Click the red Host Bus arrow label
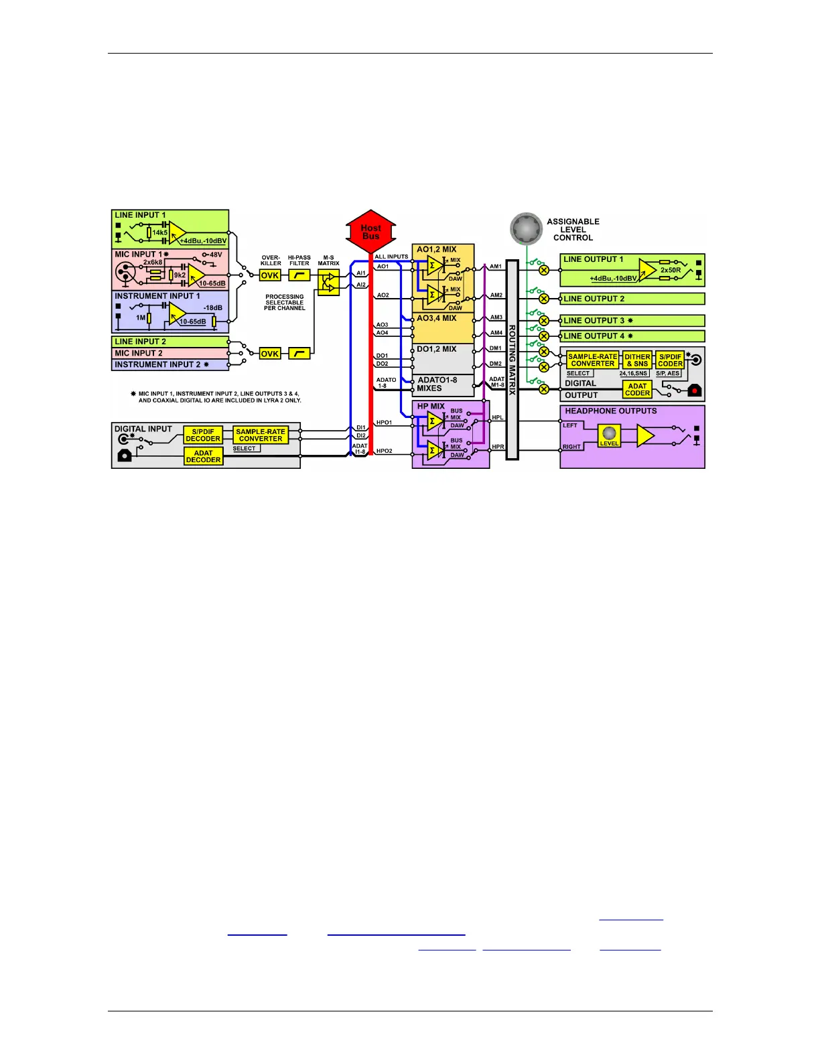point(370,232)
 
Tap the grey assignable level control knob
point(526,230)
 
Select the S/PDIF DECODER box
point(203,435)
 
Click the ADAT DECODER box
point(203,457)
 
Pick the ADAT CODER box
point(637,390)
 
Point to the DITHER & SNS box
point(637,360)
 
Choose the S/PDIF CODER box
point(670,360)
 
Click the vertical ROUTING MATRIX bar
point(512,360)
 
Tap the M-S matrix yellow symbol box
point(328,283)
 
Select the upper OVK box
point(269,275)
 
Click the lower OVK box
point(269,354)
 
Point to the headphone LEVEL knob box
point(609,435)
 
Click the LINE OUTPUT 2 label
point(594,299)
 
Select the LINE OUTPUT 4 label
point(594,336)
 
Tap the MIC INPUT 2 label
point(139,353)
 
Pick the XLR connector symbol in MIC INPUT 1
point(125,273)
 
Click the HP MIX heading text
point(431,407)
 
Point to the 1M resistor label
point(141,317)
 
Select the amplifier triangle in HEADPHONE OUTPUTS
point(644,436)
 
